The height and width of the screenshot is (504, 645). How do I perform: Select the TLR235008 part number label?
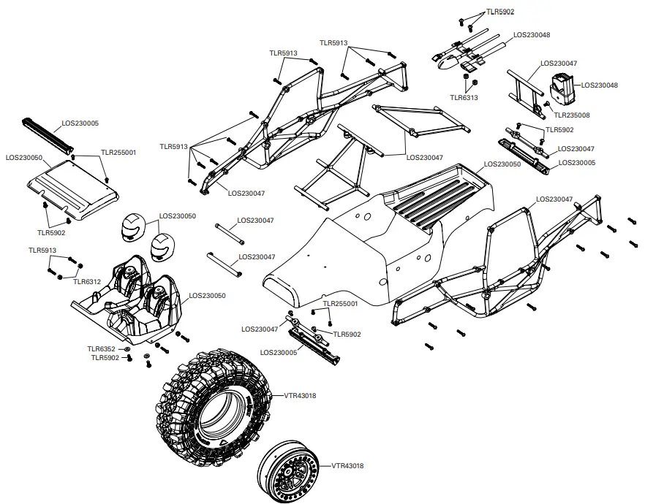572,115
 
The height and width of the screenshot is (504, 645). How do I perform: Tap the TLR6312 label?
88,281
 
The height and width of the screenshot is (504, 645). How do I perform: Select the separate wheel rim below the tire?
291,471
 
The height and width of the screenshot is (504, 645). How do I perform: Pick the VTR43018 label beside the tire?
301,395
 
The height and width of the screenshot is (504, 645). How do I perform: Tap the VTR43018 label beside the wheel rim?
348,465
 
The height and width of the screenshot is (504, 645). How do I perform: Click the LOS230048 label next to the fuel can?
600,85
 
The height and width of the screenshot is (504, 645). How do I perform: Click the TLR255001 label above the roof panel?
118,153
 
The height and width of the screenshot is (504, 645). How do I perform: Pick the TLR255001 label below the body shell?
340,303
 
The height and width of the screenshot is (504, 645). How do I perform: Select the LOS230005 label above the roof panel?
80,123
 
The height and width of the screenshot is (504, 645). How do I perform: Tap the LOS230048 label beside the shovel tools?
532,34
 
